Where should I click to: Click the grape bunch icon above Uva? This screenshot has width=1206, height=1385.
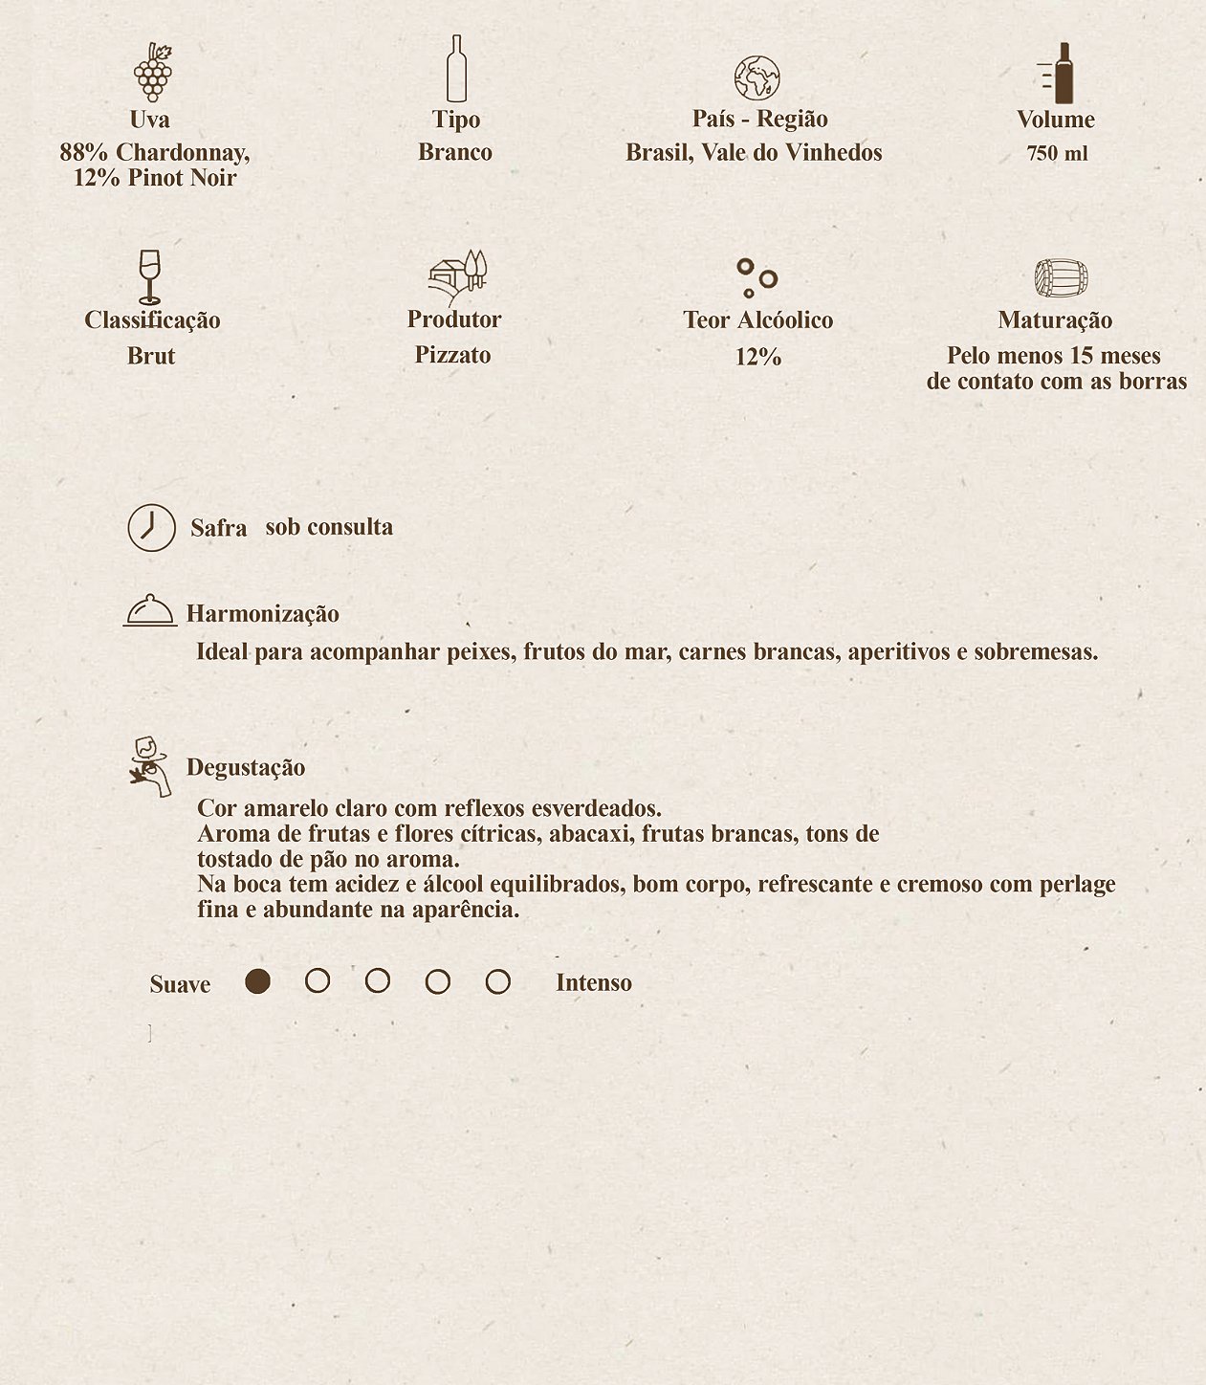coord(152,72)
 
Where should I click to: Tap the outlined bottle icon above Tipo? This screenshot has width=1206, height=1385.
coord(456,69)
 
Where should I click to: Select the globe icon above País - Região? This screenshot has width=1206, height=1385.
coord(757,77)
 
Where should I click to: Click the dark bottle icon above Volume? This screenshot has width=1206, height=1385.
coord(1061,73)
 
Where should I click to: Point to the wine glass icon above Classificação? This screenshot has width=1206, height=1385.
coord(149,276)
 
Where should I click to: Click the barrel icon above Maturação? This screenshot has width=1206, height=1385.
coord(1061,278)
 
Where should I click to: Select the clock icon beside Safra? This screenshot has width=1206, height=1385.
coord(152,527)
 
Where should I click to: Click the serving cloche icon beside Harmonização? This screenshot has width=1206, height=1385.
coord(150,610)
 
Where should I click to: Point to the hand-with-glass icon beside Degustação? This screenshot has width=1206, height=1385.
coord(150,766)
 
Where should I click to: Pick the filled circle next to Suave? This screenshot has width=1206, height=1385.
coord(257,981)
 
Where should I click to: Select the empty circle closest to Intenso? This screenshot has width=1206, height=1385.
coord(497,981)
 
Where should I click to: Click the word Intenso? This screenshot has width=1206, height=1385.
coord(593,983)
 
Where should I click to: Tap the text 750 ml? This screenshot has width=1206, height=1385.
coord(1057,153)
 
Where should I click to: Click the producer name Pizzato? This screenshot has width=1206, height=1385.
coord(452,355)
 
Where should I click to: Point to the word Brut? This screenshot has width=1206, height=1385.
coord(151,356)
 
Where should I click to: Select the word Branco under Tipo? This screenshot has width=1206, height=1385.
coord(455,152)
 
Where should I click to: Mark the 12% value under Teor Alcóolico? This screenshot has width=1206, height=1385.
coord(758,357)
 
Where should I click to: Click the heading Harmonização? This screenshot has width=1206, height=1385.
coord(262,614)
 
